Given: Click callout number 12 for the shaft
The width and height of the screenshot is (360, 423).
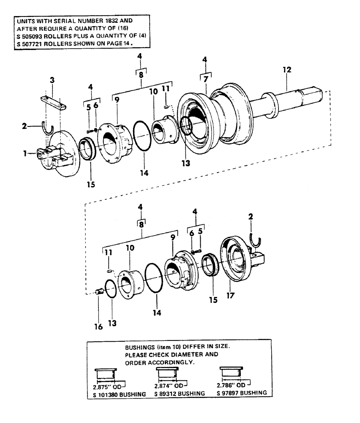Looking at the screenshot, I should (287, 69).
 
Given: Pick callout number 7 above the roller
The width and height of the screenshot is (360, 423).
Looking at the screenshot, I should (205, 79).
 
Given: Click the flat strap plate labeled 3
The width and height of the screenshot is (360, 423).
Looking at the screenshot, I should (53, 103).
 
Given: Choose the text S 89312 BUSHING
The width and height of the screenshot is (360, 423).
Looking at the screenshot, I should (180, 393).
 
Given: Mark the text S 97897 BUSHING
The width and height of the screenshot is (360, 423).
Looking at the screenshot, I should (242, 393).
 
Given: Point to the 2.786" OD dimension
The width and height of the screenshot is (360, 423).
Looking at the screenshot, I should (231, 385).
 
